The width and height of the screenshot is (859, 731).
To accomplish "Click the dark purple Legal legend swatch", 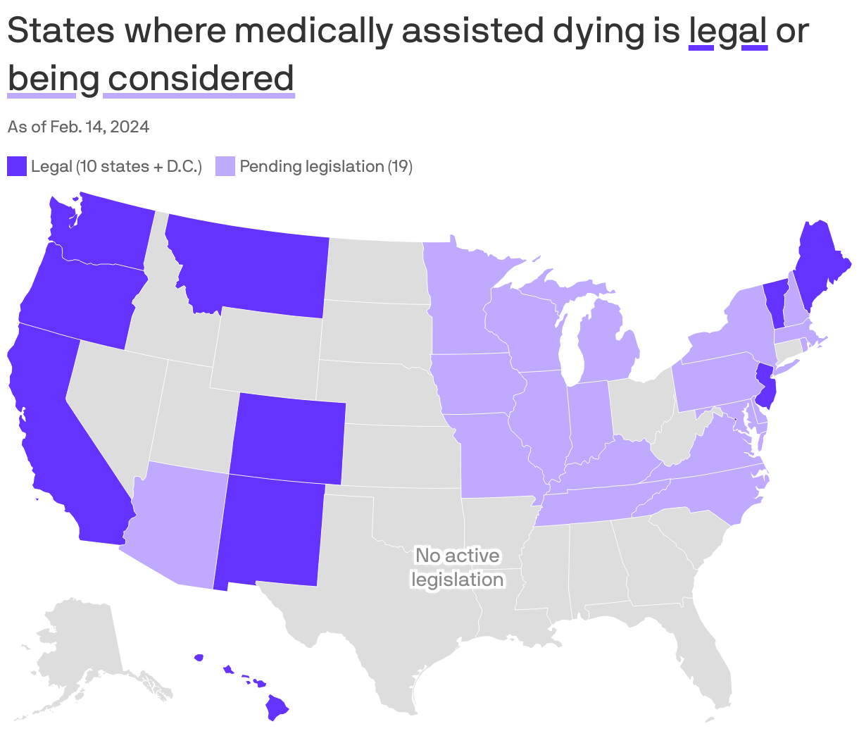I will (x=17, y=166).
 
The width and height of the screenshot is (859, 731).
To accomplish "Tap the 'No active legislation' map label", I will (x=457, y=568).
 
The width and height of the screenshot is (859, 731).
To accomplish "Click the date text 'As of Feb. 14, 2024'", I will (x=78, y=127).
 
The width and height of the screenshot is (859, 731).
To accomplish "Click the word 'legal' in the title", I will (x=728, y=31).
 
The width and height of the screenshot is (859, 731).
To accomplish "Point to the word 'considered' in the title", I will (x=200, y=78).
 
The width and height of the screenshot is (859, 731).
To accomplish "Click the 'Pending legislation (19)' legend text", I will (x=326, y=166).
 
